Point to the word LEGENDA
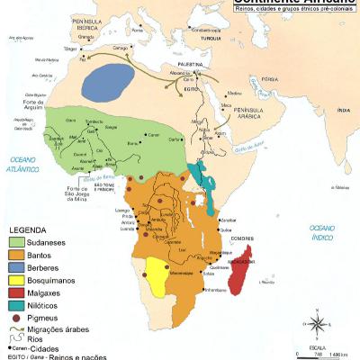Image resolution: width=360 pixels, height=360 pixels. pos(27,229)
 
